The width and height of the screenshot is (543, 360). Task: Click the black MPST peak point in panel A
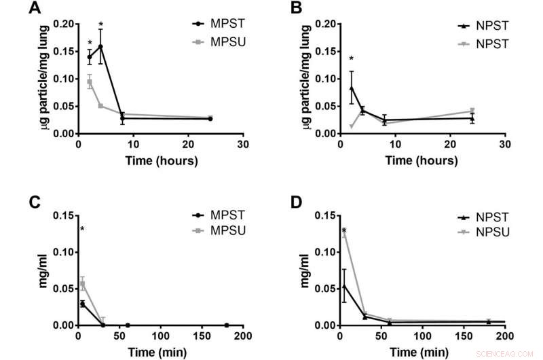coord(100,47)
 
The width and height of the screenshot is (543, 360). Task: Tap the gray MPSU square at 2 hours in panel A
coord(90,82)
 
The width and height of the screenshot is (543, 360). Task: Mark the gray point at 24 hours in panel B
coord(472,111)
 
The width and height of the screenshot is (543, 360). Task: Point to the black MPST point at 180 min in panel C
coord(227,325)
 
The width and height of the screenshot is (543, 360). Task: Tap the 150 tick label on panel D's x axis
coord(464,337)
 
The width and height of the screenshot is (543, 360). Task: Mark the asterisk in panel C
coord(82,230)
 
